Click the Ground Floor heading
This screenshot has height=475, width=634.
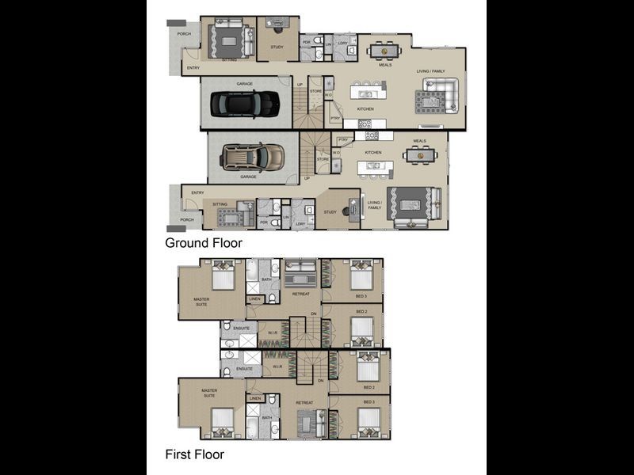pyautogui.click(x=203, y=243)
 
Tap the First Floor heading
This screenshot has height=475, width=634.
pyautogui.click(x=194, y=454)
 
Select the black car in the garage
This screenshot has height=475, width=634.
pyautogui.click(x=245, y=103)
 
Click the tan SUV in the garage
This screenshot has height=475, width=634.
pyautogui.click(x=252, y=157)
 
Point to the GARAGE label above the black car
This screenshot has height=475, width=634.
pyautogui.click(x=244, y=83)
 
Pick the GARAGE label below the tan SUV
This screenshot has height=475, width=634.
pyautogui.click(x=249, y=177)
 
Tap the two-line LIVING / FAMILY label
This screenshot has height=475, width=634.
pyautogui.click(x=375, y=205)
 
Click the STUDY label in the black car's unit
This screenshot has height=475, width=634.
pyautogui.click(x=277, y=47)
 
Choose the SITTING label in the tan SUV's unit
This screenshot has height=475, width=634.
pyautogui.click(x=220, y=203)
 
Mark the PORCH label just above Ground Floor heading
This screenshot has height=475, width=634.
pyautogui.click(x=186, y=219)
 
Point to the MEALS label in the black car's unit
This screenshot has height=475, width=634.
pyautogui.click(x=385, y=65)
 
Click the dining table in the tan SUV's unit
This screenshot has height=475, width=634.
pyautogui.click(x=418, y=155)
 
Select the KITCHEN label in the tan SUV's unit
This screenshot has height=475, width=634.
pyautogui.click(x=373, y=152)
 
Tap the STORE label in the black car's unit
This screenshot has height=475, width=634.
pyautogui.click(x=315, y=91)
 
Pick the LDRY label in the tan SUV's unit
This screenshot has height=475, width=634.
pyautogui.click(x=300, y=224)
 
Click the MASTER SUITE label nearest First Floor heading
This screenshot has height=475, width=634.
pyautogui.click(x=209, y=393)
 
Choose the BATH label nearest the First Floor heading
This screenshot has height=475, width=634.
pyautogui.click(x=267, y=417)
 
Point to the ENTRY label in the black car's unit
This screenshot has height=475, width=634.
pyautogui.click(x=193, y=68)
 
